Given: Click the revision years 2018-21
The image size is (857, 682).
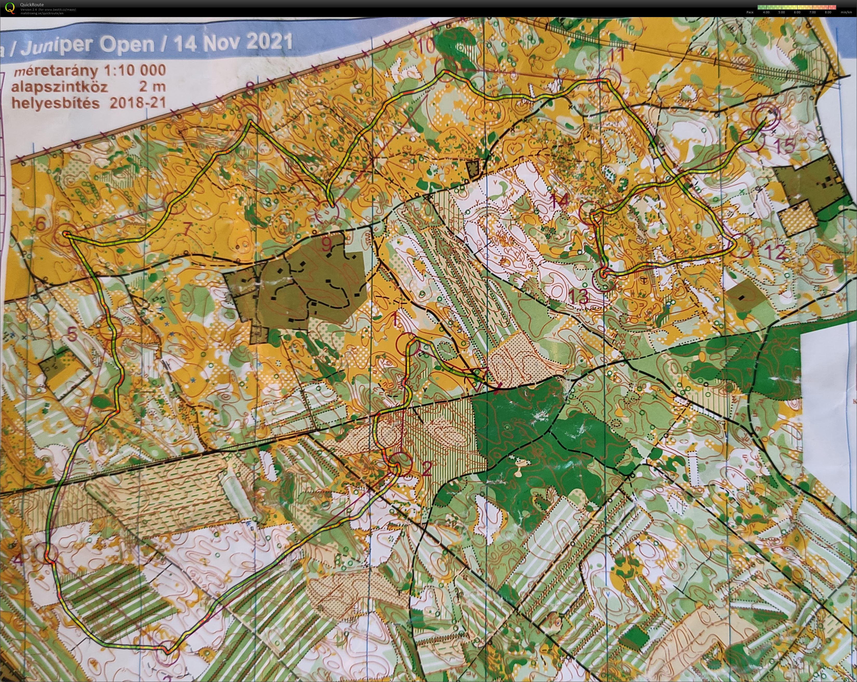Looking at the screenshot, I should (x=138, y=103).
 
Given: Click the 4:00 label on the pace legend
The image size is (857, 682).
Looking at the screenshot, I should (x=766, y=12).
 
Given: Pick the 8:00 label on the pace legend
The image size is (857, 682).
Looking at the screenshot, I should (x=828, y=12).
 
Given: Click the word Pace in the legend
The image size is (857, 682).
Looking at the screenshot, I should (x=750, y=12).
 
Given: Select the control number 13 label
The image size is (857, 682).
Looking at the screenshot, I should (x=578, y=297).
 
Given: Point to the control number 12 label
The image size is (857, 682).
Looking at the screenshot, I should (x=775, y=252).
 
